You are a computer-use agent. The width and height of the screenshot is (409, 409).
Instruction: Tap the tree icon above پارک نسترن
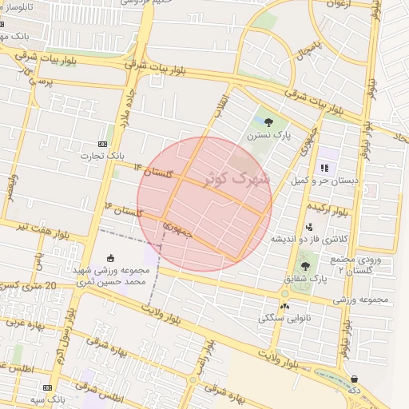(268, 122)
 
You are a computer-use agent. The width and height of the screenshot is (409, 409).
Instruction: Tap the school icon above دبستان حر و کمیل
(325, 168)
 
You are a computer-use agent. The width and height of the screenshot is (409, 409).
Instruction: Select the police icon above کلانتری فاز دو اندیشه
(309, 227)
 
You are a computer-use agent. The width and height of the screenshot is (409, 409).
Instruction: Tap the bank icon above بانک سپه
(47, 387)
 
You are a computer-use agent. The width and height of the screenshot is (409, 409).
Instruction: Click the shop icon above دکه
(354, 379)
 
